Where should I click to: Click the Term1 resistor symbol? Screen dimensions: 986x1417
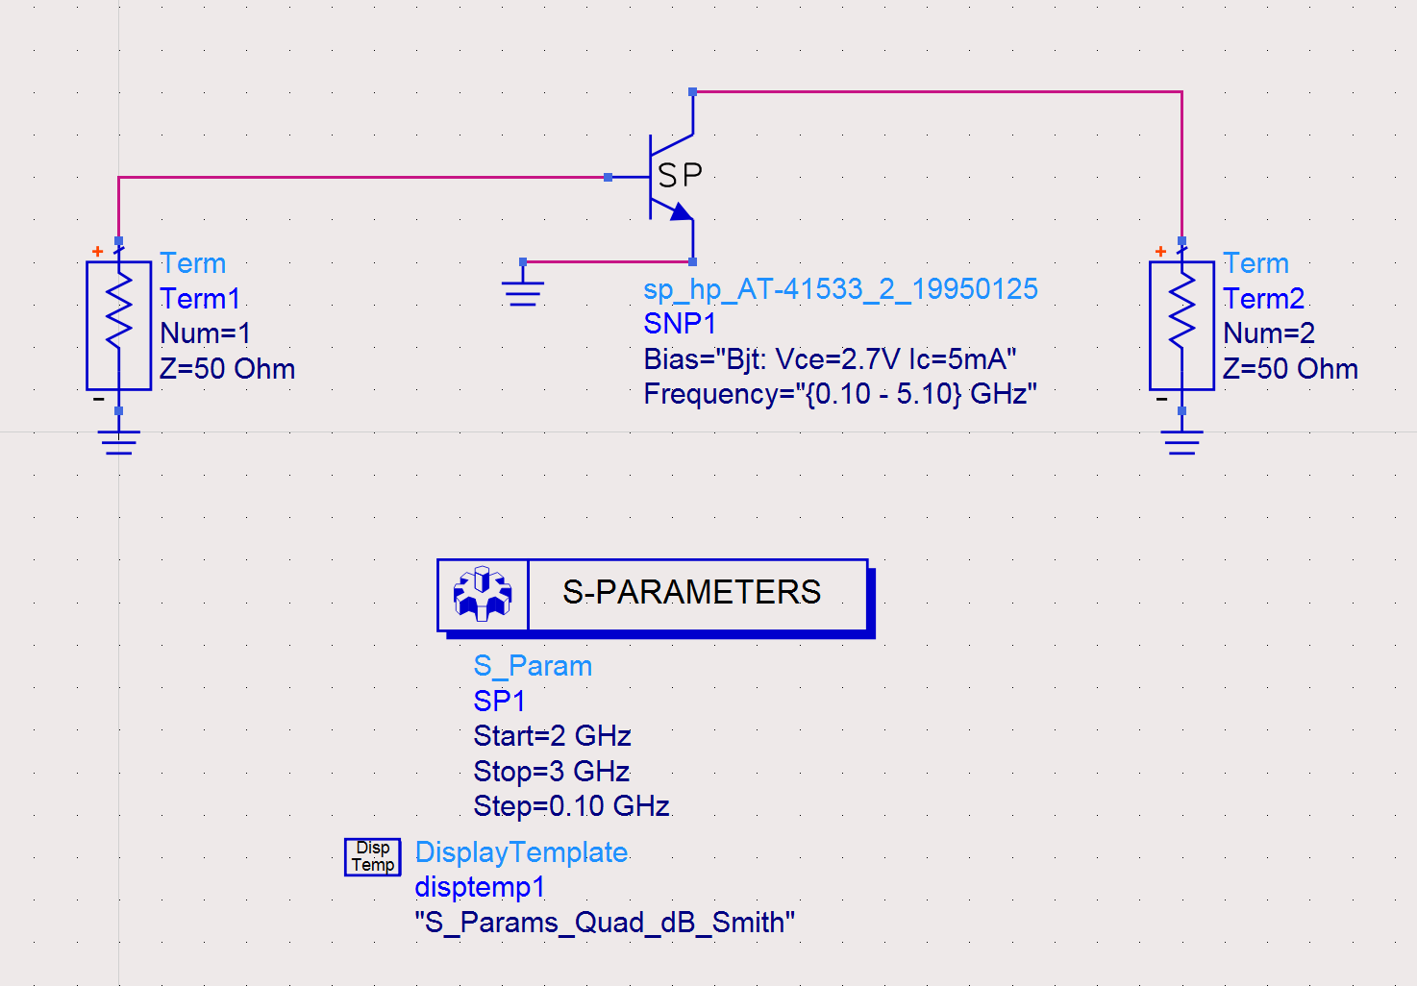coord(118,325)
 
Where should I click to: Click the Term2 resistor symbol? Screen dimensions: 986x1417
coord(1181,325)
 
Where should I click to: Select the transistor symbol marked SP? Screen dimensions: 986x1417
coord(671,177)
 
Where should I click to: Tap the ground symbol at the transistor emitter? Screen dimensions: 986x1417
coord(523,288)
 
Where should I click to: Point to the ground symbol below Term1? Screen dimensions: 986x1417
coord(118,441)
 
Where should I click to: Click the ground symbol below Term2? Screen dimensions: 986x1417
coord(1181,441)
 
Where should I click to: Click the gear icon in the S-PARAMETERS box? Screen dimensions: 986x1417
coord(483,593)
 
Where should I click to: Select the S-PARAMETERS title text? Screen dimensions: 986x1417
coord(691,592)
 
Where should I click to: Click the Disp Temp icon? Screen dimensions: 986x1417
coord(372,856)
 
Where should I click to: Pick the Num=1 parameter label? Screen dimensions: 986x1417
coord(206,333)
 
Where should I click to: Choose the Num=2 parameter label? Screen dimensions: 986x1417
coord(1269,333)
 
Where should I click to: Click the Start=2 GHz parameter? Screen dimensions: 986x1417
coord(552,736)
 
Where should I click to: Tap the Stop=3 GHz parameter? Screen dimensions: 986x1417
coord(551,772)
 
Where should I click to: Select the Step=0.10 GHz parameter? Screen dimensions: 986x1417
coord(571,806)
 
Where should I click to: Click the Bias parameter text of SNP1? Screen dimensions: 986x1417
coord(830,359)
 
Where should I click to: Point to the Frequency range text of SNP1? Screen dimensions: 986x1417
coord(839,394)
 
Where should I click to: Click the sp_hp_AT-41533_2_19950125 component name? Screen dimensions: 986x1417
coord(840,289)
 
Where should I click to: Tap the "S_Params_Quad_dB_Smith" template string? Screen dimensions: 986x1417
coord(605,923)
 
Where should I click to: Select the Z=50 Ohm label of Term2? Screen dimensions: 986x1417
coord(1290,369)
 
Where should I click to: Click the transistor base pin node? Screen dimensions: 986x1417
coord(609,177)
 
